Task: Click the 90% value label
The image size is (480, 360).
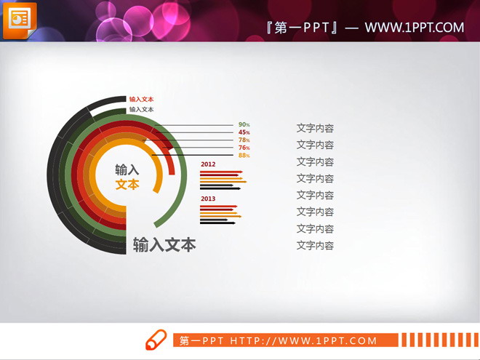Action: point(244,124)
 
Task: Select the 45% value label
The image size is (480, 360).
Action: point(244,132)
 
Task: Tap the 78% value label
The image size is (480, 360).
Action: point(244,140)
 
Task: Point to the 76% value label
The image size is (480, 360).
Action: point(244,148)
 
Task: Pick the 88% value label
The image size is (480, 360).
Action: point(244,155)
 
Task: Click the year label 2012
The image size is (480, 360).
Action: point(208,164)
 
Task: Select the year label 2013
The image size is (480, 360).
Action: point(208,199)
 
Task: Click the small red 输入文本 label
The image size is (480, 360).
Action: point(141,99)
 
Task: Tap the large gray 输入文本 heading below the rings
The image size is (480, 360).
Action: point(164,245)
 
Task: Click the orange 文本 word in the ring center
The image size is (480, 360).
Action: point(127,185)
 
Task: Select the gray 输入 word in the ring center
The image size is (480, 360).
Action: point(127,169)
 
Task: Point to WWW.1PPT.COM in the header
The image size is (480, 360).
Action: point(414,28)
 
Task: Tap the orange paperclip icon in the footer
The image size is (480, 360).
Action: point(156,340)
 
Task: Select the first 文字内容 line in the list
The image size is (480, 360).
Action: point(315,128)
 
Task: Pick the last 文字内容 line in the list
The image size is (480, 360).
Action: point(315,245)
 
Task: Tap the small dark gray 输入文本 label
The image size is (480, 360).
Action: point(141,109)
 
